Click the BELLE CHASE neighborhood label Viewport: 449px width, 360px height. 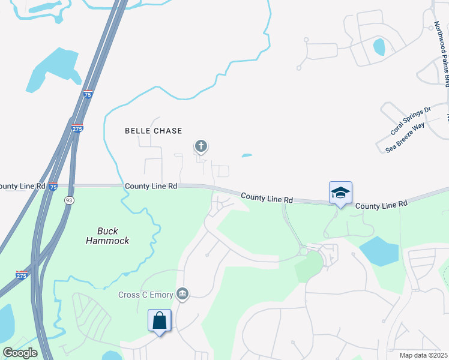point(153,131)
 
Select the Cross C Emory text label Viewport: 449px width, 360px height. point(145,294)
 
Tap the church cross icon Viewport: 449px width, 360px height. point(200,146)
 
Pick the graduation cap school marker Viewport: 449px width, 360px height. point(340,193)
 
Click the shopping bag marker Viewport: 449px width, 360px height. point(160,320)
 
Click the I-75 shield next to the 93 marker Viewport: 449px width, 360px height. point(53,187)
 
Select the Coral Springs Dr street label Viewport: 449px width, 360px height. point(411,121)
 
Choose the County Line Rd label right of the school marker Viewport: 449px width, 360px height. point(381,205)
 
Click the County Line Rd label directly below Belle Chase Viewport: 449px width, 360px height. point(151,187)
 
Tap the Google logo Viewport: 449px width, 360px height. point(20,352)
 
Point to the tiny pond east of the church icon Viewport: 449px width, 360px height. point(247,156)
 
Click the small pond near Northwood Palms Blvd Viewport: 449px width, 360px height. point(379,47)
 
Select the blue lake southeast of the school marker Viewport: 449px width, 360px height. point(378,251)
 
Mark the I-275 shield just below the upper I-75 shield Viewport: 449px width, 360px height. point(77,128)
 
